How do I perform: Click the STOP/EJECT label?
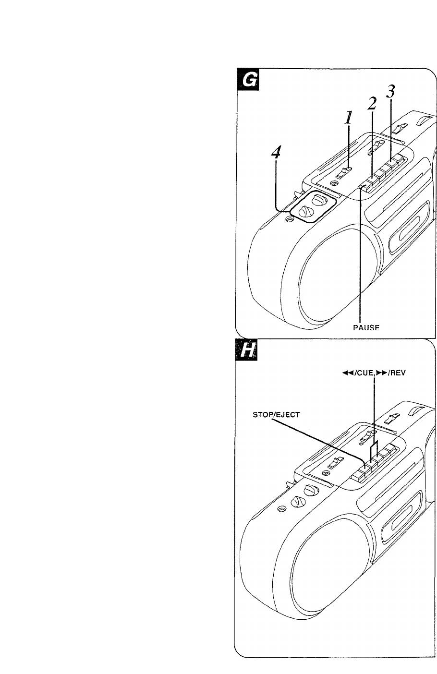pos(276,415)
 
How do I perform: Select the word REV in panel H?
pos(398,373)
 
